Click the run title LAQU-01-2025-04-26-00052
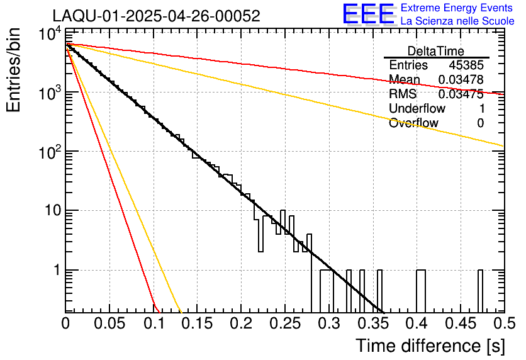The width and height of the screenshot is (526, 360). [156, 16]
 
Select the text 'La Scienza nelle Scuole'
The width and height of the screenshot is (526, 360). [457, 21]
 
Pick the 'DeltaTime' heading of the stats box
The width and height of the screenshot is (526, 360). [436, 51]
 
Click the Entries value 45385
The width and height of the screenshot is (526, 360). [466, 65]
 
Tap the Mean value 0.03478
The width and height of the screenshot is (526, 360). [461, 80]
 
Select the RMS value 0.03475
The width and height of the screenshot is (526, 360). [461, 94]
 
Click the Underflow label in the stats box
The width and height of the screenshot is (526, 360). [417, 109]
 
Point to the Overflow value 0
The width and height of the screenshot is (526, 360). [480, 123]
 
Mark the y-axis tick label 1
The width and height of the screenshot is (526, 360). [56, 271]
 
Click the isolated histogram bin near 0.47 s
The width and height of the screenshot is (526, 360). [480, 291]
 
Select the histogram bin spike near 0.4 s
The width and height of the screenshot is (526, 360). [421, 291]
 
